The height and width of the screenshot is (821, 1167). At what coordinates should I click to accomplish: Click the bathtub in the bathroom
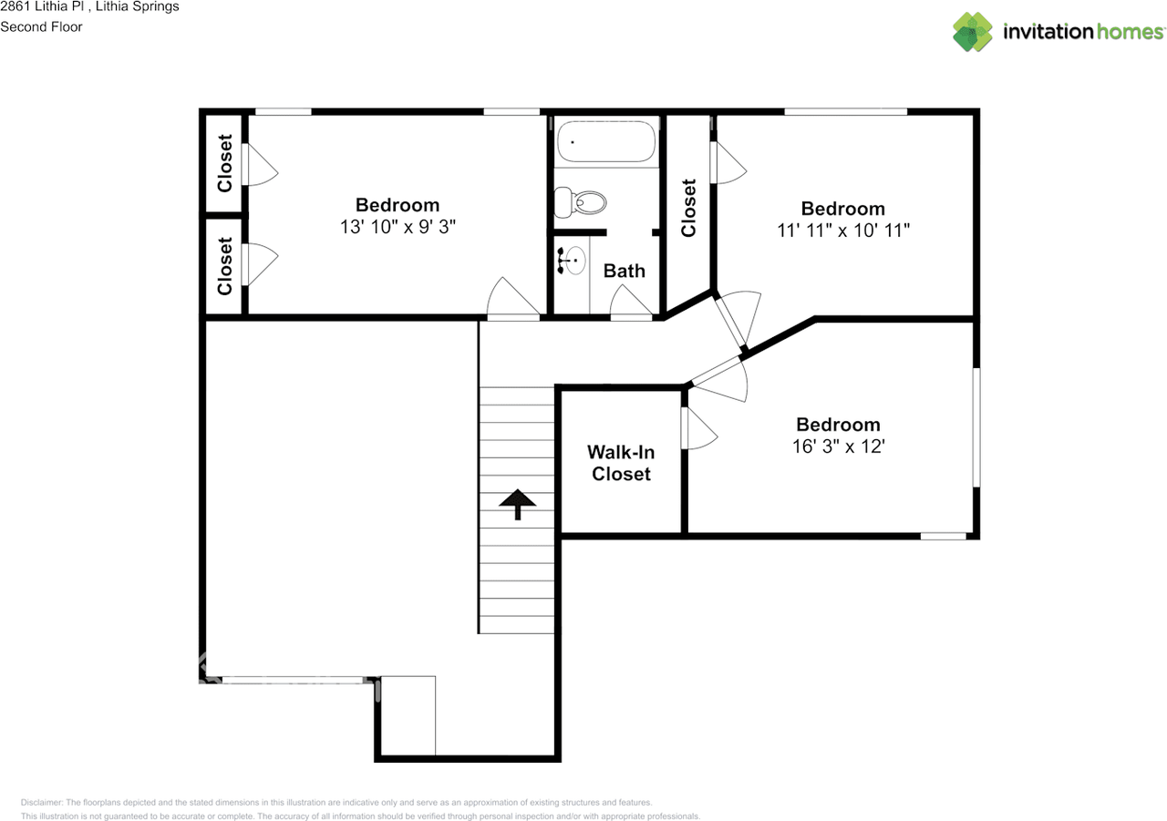[607, 142]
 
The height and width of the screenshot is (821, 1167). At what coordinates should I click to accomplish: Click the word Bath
[625, 271]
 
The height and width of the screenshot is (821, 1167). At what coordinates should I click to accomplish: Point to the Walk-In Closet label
[621, 463]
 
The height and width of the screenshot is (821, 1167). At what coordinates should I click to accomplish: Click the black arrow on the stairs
[518, 504]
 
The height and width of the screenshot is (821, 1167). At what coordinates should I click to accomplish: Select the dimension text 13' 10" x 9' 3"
[398, 227]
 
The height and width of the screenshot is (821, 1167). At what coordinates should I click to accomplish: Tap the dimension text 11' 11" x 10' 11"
[843, 231]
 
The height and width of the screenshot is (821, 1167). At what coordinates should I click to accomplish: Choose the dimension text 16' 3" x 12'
[838, 446]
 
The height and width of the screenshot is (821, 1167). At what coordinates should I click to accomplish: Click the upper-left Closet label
[225, 164]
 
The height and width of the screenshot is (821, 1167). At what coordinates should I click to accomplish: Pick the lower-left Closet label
[225, 266]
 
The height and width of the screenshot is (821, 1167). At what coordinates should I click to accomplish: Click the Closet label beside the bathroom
[688, 208]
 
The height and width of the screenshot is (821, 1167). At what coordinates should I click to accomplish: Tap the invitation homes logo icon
[973, 32]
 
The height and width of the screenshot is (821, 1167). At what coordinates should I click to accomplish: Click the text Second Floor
[41, 26]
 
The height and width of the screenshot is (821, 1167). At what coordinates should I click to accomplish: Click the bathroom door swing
[631, 303]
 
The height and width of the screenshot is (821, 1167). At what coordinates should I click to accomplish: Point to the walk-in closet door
[697, 428]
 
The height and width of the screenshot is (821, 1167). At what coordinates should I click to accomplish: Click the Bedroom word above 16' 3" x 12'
[838, 425]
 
